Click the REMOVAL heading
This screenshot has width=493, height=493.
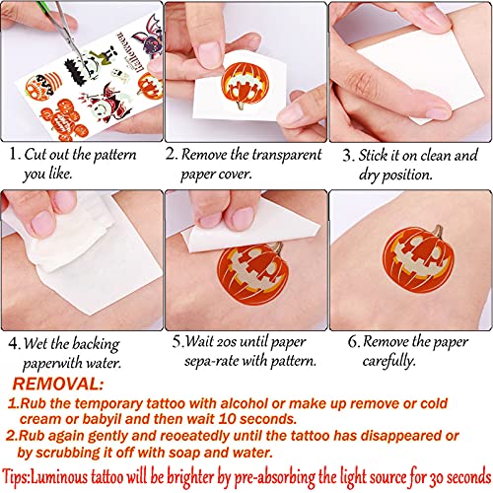point(58,384)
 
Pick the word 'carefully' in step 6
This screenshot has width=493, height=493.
point(388,361)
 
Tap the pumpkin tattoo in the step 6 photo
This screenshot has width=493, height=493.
point(418,259)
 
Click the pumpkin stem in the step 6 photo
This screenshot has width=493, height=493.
point(438,232)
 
